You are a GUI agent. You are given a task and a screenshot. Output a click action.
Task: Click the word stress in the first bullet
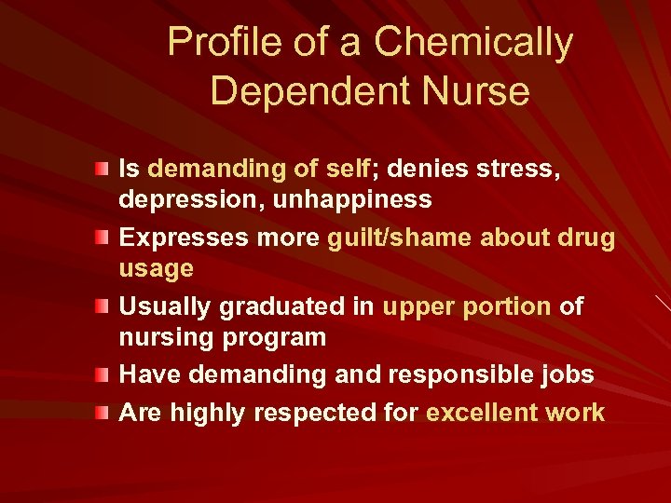(518, 169)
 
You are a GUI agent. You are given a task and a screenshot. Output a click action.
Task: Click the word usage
(157, 268)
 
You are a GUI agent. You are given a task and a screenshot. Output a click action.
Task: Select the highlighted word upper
(418, 306)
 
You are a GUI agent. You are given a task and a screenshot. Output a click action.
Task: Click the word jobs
(567, 374)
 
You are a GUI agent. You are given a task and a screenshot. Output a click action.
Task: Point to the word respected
(321, 413)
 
